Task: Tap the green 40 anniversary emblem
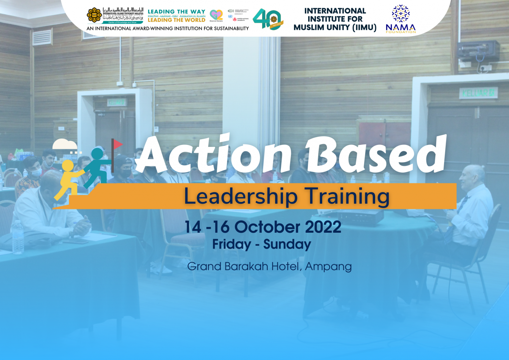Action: point(267,19)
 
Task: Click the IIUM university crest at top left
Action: point(94,15)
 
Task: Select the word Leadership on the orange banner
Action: point(241,196)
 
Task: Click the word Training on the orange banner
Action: point(347,196)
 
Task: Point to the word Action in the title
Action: point(214,154)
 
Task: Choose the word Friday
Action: point(232,244)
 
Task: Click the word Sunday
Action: point(287,244)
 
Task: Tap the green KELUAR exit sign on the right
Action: point(478,92)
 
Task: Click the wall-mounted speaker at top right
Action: point(478,51)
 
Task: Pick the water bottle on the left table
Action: point(18,237)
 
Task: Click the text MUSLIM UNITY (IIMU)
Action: point(335,28)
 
